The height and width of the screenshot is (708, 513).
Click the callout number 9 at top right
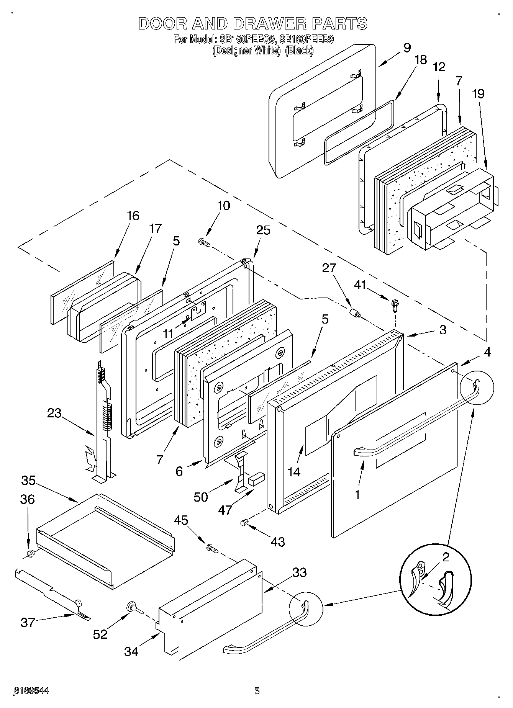(x=407, y=48)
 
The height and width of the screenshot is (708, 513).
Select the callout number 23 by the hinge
(x=54, y=413)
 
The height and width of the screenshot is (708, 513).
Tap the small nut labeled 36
(x=30, y=554)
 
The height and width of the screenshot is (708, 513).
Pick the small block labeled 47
(x=256, y=477)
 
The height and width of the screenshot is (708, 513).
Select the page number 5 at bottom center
(x=257, y=690)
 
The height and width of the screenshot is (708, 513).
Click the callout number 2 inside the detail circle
(x=445, y=557)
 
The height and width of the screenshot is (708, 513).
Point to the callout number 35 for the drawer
(x=28, y=480)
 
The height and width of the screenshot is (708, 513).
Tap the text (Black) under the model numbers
(x=300, y=51)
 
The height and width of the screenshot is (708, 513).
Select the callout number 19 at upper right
(x=478, y=93)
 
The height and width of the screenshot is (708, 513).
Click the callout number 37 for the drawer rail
(x=28, y=622)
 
